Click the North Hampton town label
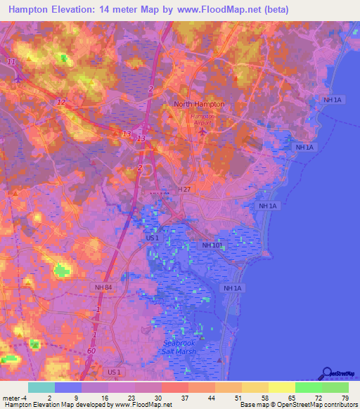(199, 104)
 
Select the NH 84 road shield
(103, 287)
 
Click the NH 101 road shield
(212, 245)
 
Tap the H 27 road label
(185, 190)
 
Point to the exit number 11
(11, 63)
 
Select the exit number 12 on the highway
(61, 103)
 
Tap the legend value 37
(184, 398)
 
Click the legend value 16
(103, 398)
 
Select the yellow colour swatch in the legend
(281, 387)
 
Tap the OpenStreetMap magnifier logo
(326, 372)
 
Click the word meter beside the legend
(12, 398)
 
